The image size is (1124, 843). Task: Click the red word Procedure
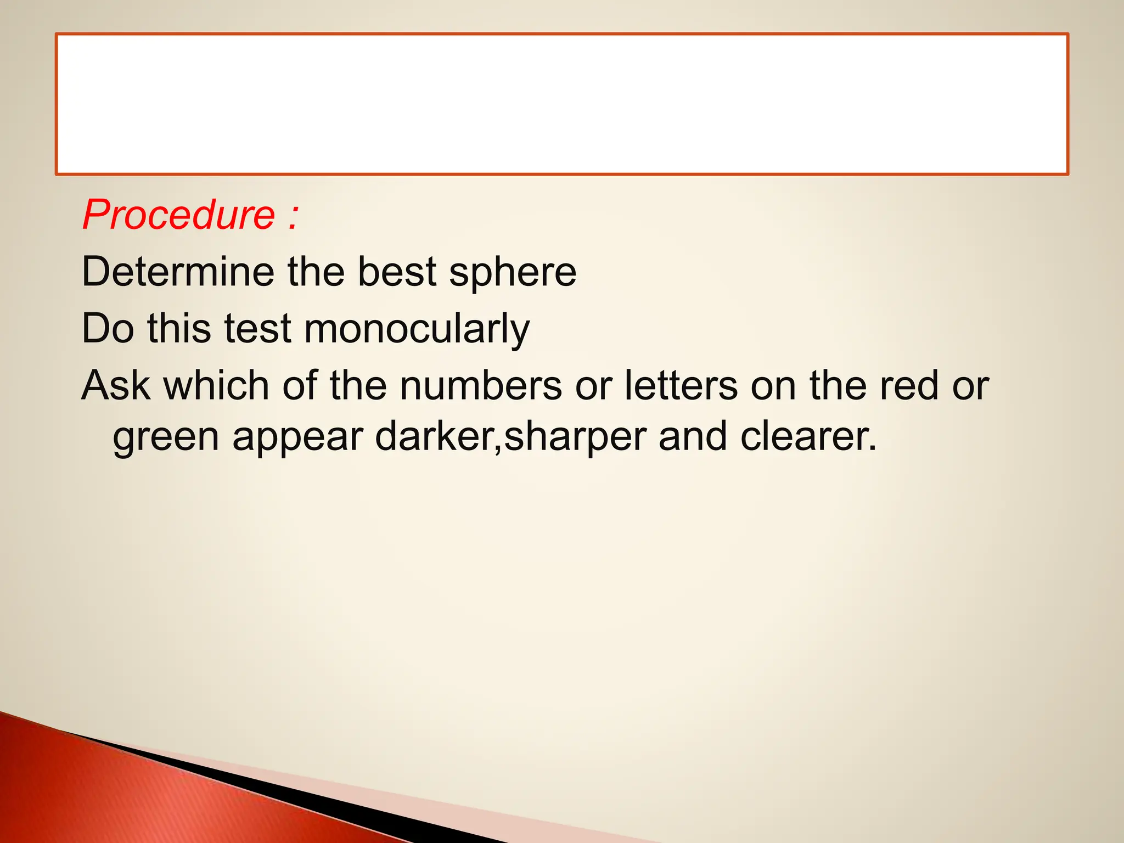pyautogui.click(x=178, y=215)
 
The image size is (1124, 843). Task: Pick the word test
pyautogui.click(x=257, y=329)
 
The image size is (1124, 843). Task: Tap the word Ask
pyautogui.click(x=115, y=385)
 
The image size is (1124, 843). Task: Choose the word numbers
pyautogui.click(x=481, y=385)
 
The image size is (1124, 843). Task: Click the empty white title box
pyautogui.click(x=561, y=104)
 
